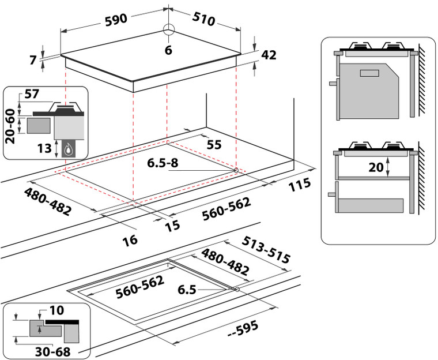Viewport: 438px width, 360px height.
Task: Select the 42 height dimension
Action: (x=269, y=55)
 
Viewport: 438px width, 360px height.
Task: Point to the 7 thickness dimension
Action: (x=33, y=59)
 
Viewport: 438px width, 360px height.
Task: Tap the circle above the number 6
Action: (x=168, y=30)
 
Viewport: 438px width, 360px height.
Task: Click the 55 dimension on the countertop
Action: (x=214, y=145)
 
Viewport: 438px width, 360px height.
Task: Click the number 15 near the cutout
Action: (x=172, y=226)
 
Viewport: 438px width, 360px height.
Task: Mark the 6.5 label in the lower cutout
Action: (x=188, y=290)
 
